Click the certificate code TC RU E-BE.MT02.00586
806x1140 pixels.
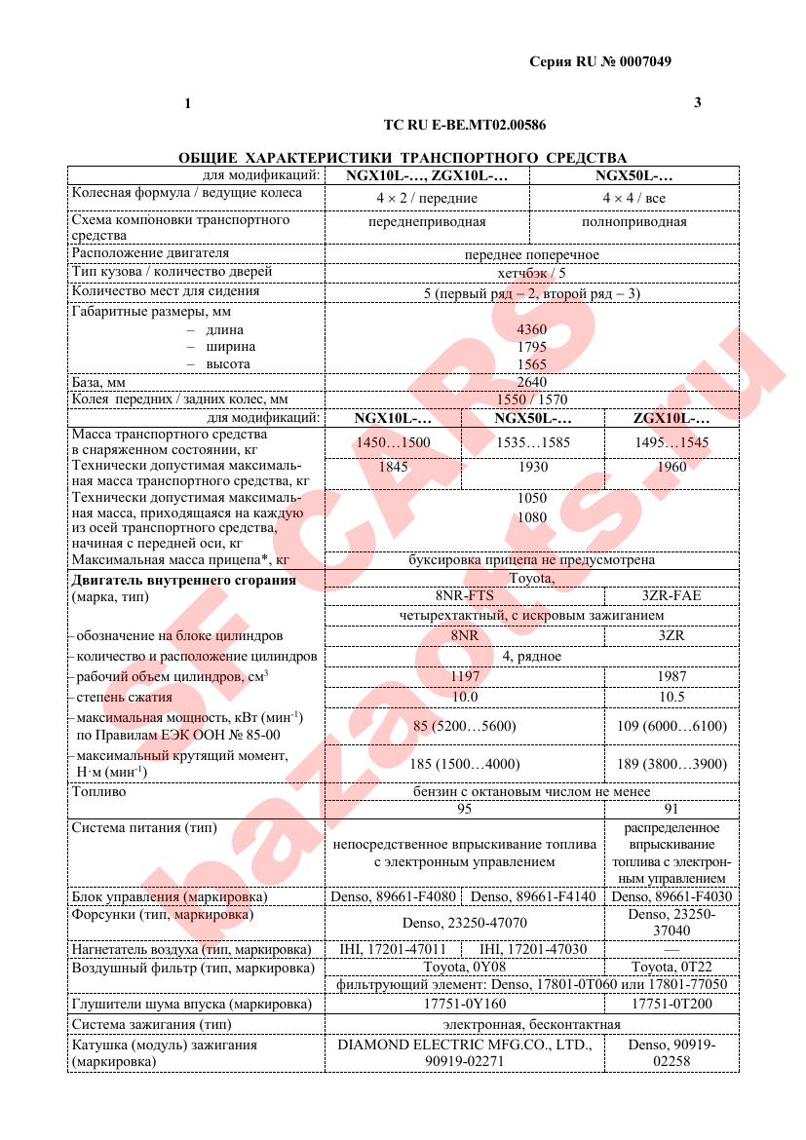[x=465, y=126]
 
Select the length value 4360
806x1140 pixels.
[x=532, y=329]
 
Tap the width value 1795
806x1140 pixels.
[x=532, y=347]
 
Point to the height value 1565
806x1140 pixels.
[x=532, y=363]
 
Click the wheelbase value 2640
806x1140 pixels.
[x=532, y=382]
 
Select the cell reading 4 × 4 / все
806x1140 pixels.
[x=633, y=198]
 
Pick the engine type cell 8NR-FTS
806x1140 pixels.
[x=464, y=596]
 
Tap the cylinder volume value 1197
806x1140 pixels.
[x=464, y=676]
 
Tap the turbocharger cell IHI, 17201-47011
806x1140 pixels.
[x=393, y=948]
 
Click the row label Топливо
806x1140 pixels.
[x=99, y=792]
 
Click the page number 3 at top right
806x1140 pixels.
[x=697, y=102]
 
